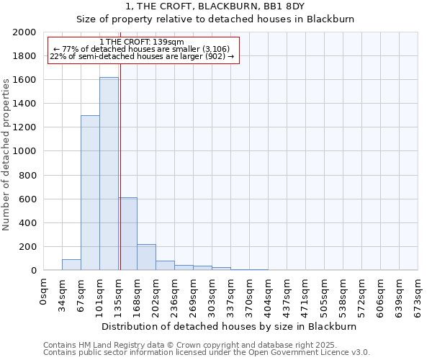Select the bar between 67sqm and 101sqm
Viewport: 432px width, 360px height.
click(x=90, y=193)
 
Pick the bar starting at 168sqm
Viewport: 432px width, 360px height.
click(x=146, y=257)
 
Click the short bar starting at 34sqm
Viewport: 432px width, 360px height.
click(x=71, y=265)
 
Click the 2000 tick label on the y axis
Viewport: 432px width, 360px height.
click(x=24, y=32)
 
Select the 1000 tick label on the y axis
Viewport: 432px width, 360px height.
click(x=24, y=151)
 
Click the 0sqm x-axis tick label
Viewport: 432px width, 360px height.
click(x=44, y=292)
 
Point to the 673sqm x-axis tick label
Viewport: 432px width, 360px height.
click(x=418, y=295)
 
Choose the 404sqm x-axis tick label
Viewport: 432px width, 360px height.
click(x=269, y=295)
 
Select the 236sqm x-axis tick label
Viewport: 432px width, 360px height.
click(x=175, y=295)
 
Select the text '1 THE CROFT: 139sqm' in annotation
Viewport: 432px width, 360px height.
click(x=142, y=42)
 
